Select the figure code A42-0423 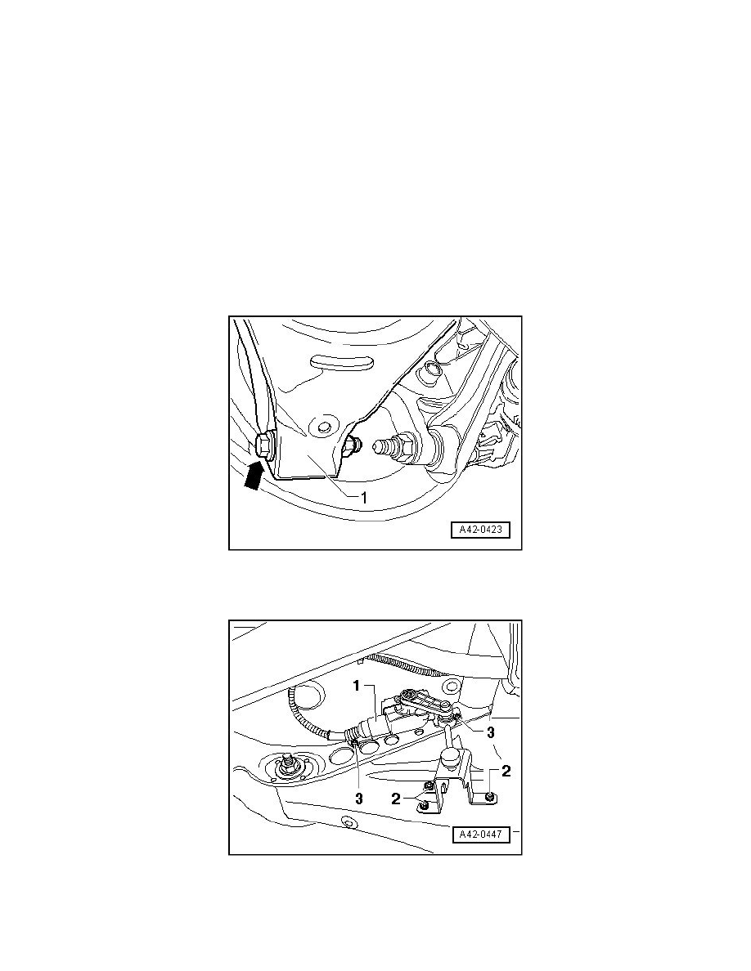click(480, 530)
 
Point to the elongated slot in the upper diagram click(339, 361)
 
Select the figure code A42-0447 click(480, 835)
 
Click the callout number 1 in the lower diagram click(357, 686)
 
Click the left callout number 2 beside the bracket click(396, 799)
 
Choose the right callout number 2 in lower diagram click(506, 771)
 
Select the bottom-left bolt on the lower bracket click(423, 805)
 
